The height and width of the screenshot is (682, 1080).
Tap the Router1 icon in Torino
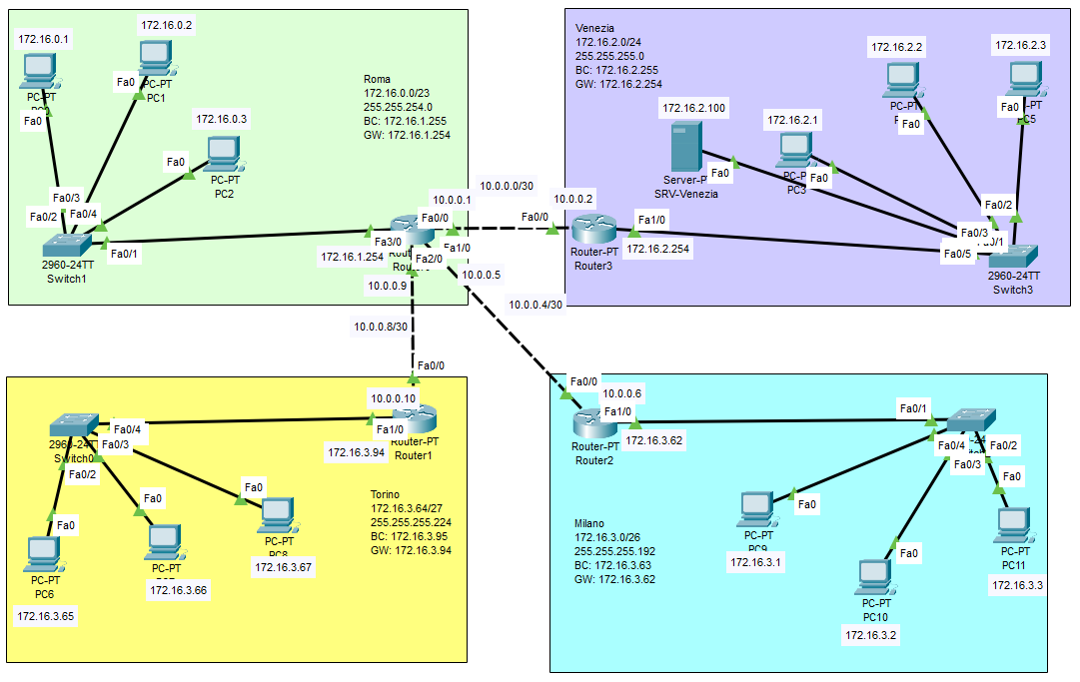(413, 417)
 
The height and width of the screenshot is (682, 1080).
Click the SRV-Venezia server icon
(685, 147)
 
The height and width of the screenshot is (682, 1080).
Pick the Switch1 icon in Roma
(66, 244)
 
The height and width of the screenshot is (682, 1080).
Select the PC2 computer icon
(223, 153)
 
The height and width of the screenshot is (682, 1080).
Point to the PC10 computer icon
(875, 575)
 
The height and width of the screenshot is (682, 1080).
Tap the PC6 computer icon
(43, 552)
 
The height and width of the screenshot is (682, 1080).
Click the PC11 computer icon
(1015, 523)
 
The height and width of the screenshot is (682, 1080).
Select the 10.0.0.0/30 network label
(506, 185)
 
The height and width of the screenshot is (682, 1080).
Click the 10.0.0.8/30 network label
(381, 326)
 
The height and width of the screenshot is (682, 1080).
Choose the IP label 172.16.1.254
(353, 257)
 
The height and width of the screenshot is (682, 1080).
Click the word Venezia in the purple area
(595, 27)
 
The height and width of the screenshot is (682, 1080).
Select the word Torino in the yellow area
(385, 494)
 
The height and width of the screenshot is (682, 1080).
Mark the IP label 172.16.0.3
(222, 119)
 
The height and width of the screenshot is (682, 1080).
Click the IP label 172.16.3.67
(284, 567)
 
